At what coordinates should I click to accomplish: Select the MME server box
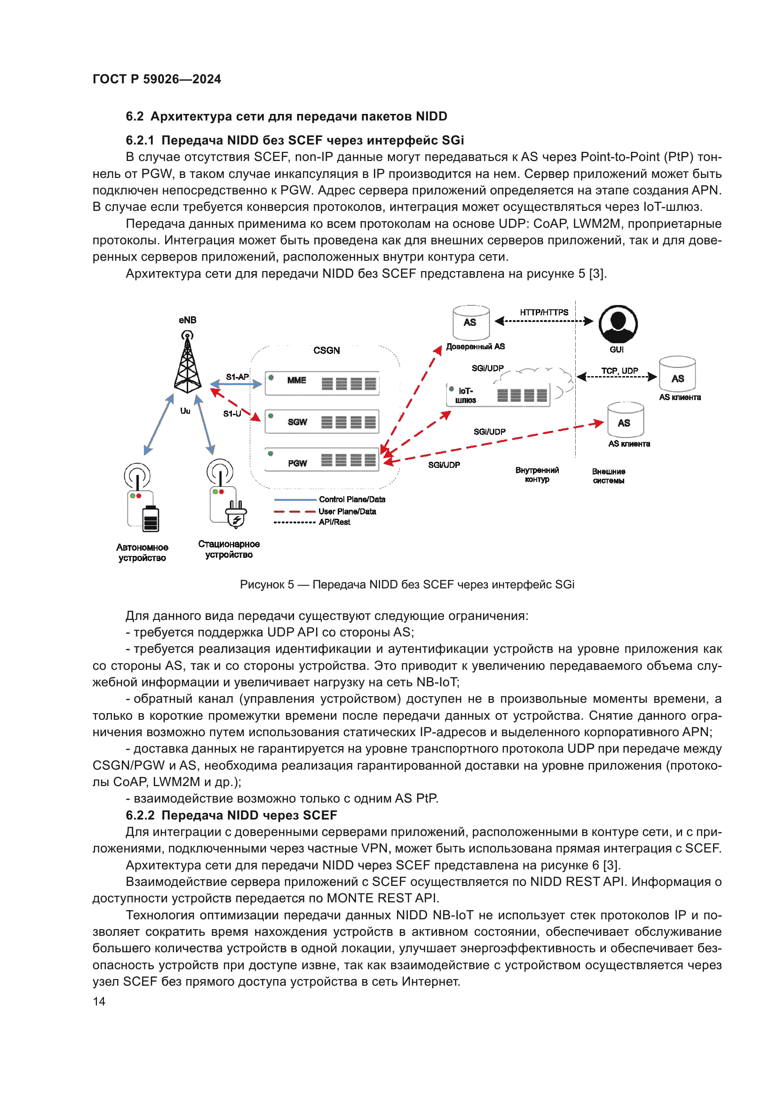[x=322, y=383]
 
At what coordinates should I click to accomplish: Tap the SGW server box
[x=322, y=421]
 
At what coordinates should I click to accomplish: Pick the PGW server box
[x=322, y=460]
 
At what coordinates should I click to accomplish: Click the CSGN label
[x=326, y=351]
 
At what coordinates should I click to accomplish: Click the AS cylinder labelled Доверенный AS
[x=471, y=323]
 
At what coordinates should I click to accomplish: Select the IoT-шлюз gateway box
[x=498, y=395]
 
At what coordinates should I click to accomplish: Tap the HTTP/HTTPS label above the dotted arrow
[x=544, y=312]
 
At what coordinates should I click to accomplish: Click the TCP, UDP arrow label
[x=619, y=370]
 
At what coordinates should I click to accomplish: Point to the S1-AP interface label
[x=237, y=377]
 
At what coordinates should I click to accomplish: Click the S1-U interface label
[x=232, y=413]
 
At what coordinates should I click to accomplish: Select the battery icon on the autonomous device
[x=151, y=519]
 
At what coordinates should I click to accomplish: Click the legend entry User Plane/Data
[x=347, y=512]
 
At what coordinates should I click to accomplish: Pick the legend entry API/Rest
[x=334, y=522]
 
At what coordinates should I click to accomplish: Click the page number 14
[x=99, y=1001]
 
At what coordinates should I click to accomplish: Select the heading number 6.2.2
[x=140, y=815]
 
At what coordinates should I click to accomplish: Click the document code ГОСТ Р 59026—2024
[x=157, y=79]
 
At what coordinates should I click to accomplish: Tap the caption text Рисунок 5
[x=266, y=585]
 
